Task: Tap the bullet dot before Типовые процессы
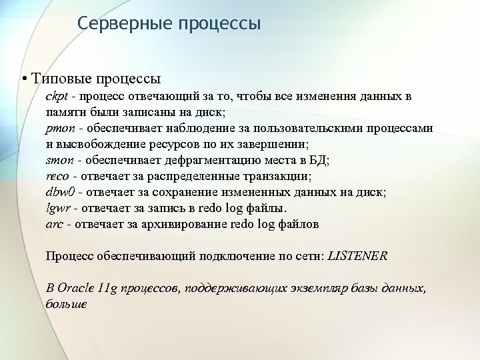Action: point(23,81)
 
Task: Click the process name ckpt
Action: point(57,97)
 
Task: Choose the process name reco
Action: point(57,177)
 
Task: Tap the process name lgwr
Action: point(57,209)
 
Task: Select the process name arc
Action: point(54,225)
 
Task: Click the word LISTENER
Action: point(359,256)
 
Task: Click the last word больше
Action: point(66,304)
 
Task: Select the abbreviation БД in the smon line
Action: point(321,161)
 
